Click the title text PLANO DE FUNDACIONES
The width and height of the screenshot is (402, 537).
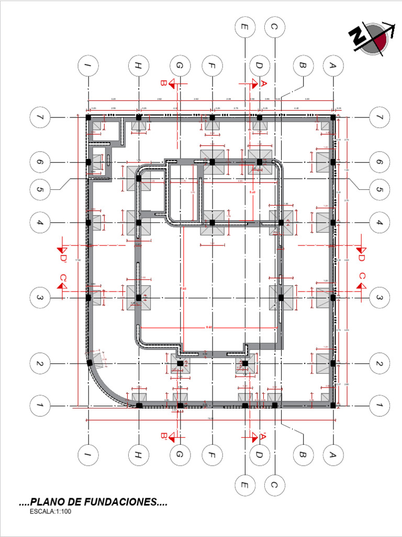93,502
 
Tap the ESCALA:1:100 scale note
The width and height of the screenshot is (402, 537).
51,512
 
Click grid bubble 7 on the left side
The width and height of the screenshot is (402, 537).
40,117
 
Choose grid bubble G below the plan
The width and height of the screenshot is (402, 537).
180,455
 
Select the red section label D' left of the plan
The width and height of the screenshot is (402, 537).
63,258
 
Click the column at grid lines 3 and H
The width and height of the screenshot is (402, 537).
139,297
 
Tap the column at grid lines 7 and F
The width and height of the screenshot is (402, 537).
213,118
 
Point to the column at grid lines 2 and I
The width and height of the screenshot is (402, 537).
90,363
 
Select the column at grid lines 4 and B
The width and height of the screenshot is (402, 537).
281,223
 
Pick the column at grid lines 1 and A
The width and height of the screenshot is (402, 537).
333,405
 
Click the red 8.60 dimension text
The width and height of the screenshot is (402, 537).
209,327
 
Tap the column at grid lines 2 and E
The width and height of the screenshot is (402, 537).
244,363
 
